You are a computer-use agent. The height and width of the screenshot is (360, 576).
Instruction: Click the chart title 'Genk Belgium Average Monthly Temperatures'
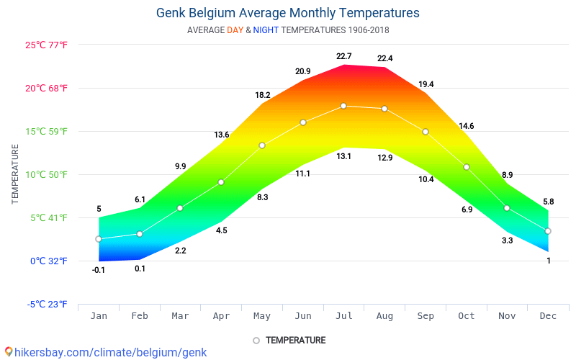tap(287, 13)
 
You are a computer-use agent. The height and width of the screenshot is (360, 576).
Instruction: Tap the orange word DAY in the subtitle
tap(235, 30)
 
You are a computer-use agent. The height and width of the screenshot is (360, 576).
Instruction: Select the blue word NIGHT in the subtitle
tap(266, 30)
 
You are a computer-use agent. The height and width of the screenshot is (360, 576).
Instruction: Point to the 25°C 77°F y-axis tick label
tap(46, 45)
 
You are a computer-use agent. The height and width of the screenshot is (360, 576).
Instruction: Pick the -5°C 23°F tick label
tap(48, 304)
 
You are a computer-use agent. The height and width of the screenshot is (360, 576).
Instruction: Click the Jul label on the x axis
tap(343, 315)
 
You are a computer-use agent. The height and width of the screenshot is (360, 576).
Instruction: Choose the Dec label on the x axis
tap(548, 315)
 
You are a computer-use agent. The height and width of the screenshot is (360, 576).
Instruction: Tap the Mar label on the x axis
tap(180, 315)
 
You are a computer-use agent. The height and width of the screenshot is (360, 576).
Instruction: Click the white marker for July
tap(343, 106)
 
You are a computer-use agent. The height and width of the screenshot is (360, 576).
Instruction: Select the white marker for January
tap(99, 239)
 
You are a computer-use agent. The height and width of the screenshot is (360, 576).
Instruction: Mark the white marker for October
tap(467, 167)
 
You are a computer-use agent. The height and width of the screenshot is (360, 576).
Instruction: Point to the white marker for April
tap(221, 182)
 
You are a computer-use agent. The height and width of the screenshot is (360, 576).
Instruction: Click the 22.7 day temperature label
tap(343, 56)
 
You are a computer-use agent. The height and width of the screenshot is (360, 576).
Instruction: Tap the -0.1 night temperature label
tap(99, 270)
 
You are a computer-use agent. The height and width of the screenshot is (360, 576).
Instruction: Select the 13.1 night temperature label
tap(343, 156)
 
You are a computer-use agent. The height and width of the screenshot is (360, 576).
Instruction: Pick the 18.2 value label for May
tap(262, 95)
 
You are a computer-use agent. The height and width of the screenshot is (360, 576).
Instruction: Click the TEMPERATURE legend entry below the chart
tap(289, 340)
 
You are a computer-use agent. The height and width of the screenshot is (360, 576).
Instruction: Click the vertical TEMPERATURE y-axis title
tap(15, 174)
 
